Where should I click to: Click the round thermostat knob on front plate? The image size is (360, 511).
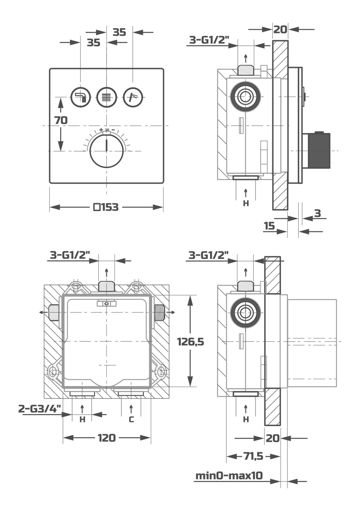click(x=107, y=150)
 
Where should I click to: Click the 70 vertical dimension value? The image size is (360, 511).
click(x=61, y=120)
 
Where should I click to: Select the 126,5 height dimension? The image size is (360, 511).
click(x=190, y=341)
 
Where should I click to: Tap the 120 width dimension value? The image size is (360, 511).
click(x=107, y=438)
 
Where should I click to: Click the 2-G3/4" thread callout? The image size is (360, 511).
click(x=40, y=409)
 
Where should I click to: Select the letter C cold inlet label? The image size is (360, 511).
click(x=131, y=420)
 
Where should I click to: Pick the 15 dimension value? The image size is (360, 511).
click(x=269, y=226)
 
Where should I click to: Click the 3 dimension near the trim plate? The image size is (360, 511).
click(x=317, y=213)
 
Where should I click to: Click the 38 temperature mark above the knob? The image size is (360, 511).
click(x=107, y=130)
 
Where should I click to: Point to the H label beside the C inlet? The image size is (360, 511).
click(x=83, y=420)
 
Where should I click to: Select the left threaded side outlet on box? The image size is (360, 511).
click(x=54, y=312)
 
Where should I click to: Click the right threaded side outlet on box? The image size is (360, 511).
click(x=159, y=312)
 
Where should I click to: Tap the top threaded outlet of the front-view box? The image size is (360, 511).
click(x=107, y=286)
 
